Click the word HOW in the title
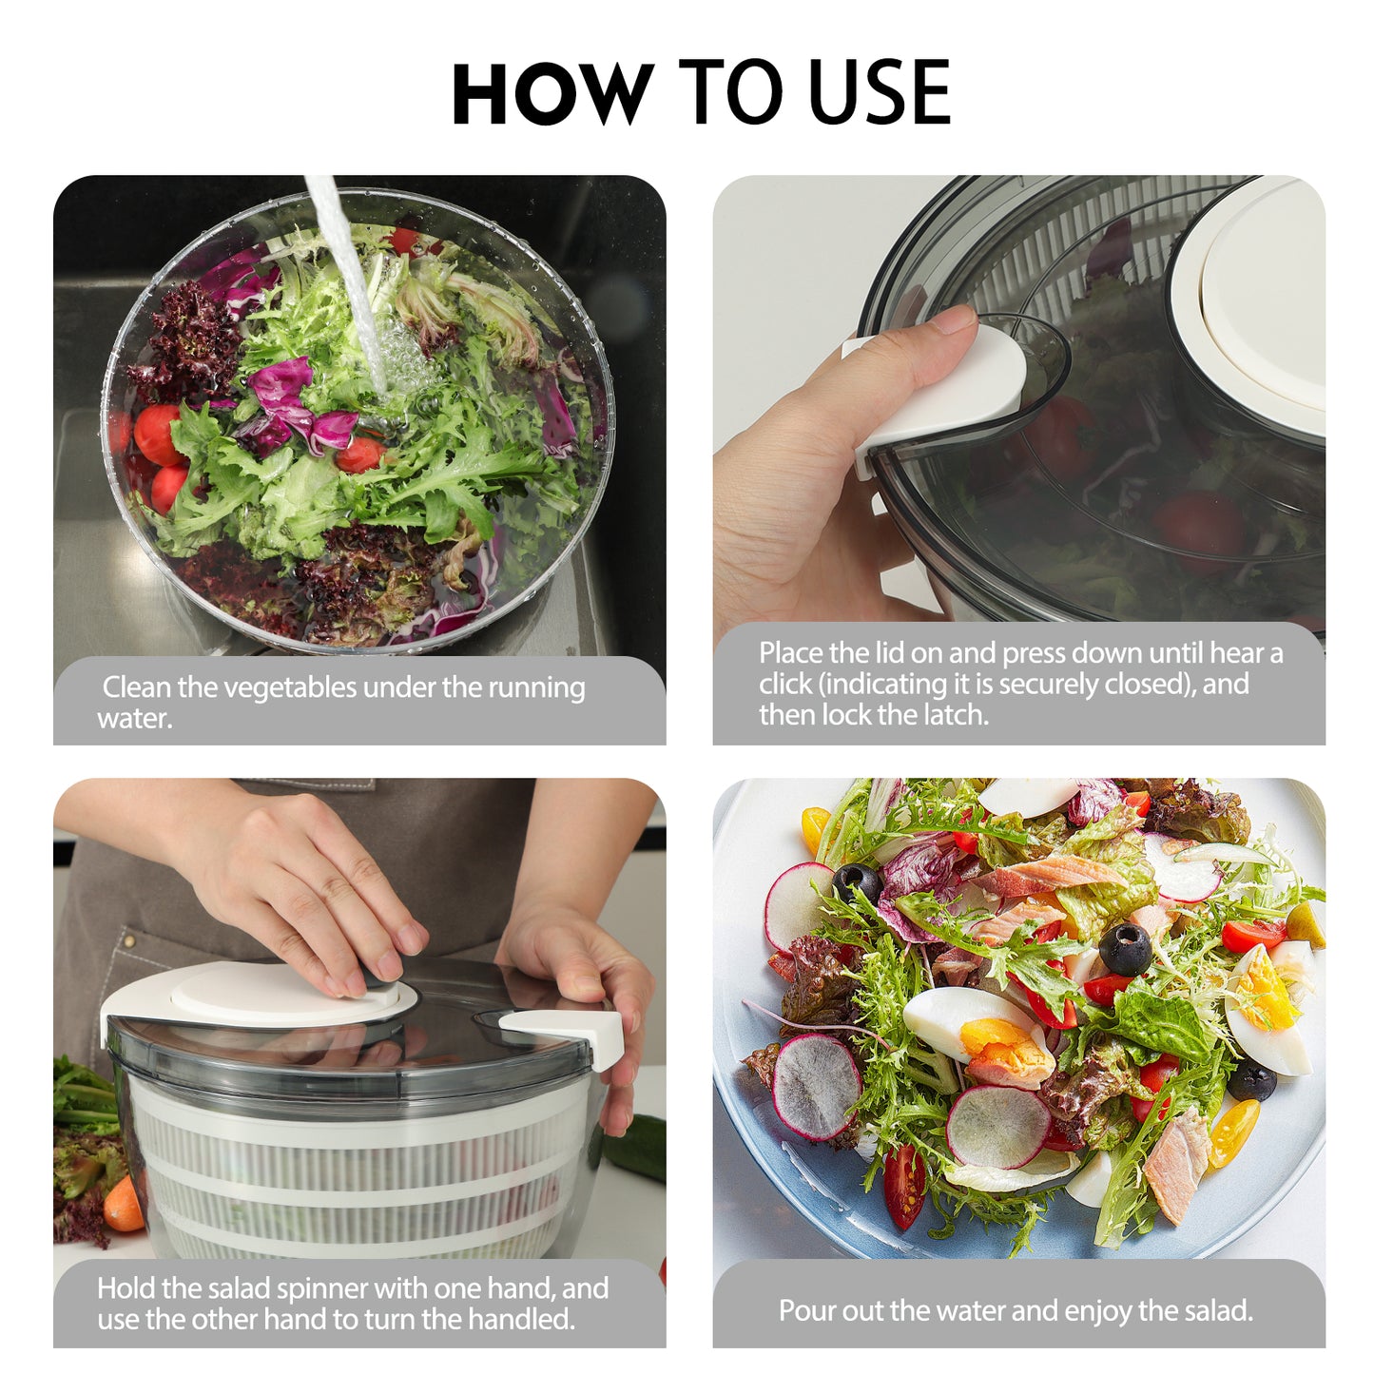(552, 93)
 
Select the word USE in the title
(879, 93)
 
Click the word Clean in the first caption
(136, 687)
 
